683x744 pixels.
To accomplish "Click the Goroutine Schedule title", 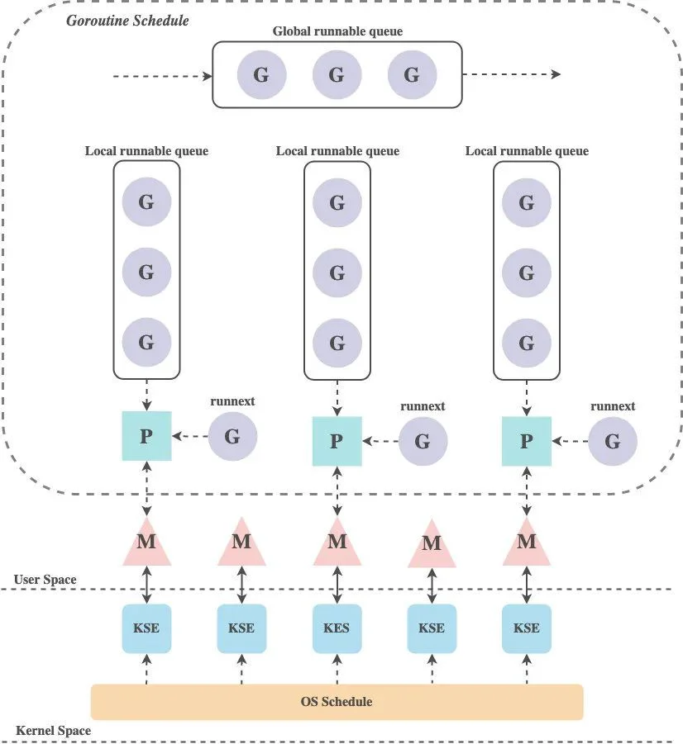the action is [x=127, y=21].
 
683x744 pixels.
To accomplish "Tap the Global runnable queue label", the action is [x=337, y=31].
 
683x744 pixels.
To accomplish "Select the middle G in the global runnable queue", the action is [x=337, y=74].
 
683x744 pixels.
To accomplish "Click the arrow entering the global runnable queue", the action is [x=163, y=76].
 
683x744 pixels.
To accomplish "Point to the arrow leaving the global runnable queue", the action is [x=511, y=74].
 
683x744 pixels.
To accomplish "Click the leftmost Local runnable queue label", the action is [x=146, y=151].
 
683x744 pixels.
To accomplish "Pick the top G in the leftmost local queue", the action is [x=146, y=201].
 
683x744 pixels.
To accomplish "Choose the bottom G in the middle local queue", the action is [x=337, y=343].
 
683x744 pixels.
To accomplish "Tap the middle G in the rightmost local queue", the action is [x=527, y=272].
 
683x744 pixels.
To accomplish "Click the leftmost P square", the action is [x=146, y=435].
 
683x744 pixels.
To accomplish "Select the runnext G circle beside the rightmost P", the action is [x=613, y=441].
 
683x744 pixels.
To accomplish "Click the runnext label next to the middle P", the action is [x=423, y=406].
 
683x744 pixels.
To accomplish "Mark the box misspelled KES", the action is [x=337, y=628].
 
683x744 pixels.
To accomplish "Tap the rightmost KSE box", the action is [x=527, y=628].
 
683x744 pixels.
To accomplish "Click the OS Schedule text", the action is [x=337, y=701].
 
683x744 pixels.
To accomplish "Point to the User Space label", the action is [x=45, y=580].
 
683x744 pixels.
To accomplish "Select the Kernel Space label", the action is [x=53, y=730].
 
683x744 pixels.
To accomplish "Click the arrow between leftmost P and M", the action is [x=146, y=489].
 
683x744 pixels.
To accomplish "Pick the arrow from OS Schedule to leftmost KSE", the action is [x=146, y=669].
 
